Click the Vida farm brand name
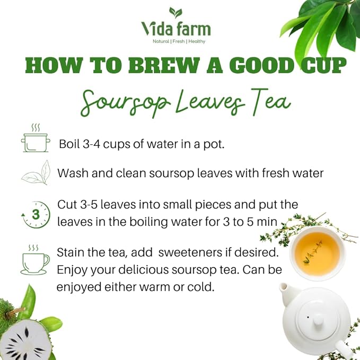[x=176, y=29]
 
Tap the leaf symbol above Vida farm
[x=175, y=13]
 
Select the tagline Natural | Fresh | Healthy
[x=179, y=41]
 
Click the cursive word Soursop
[x=126, y=102]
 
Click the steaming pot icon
[x=36, y=138]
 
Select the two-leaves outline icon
[x=36, y=173]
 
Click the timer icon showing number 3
[x=36, y=215]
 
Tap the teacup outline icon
[x=35, y=260]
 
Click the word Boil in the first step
[x=69, y=144]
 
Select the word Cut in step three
[x=67, y=204]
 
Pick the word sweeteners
[x=190, y=252]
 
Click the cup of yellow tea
[x=318, y=253]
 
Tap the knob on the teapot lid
[x=318, y=320]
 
